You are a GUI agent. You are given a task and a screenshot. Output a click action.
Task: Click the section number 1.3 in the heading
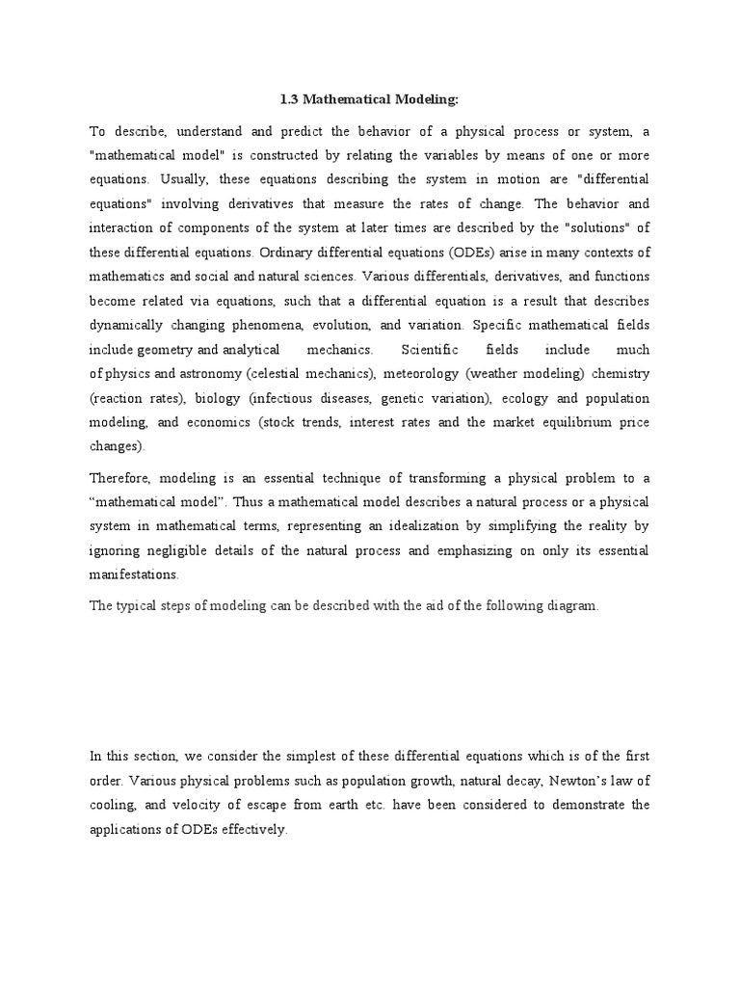287,99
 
